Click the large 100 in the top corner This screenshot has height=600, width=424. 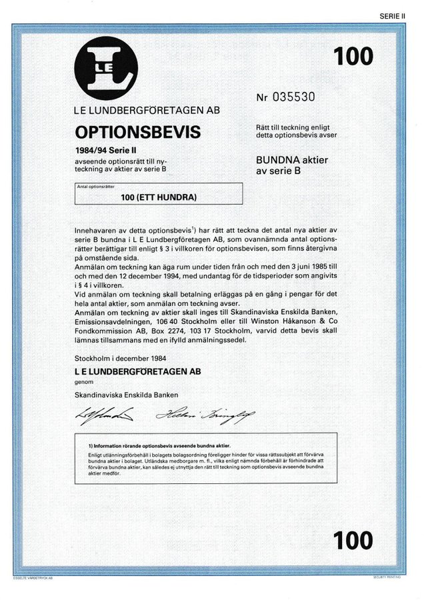[x=353, y=56]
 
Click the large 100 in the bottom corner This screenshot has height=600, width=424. [x=353, y=541]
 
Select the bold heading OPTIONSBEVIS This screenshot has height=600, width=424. [x=138, y=130]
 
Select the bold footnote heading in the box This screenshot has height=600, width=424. [x=159, y=444]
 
